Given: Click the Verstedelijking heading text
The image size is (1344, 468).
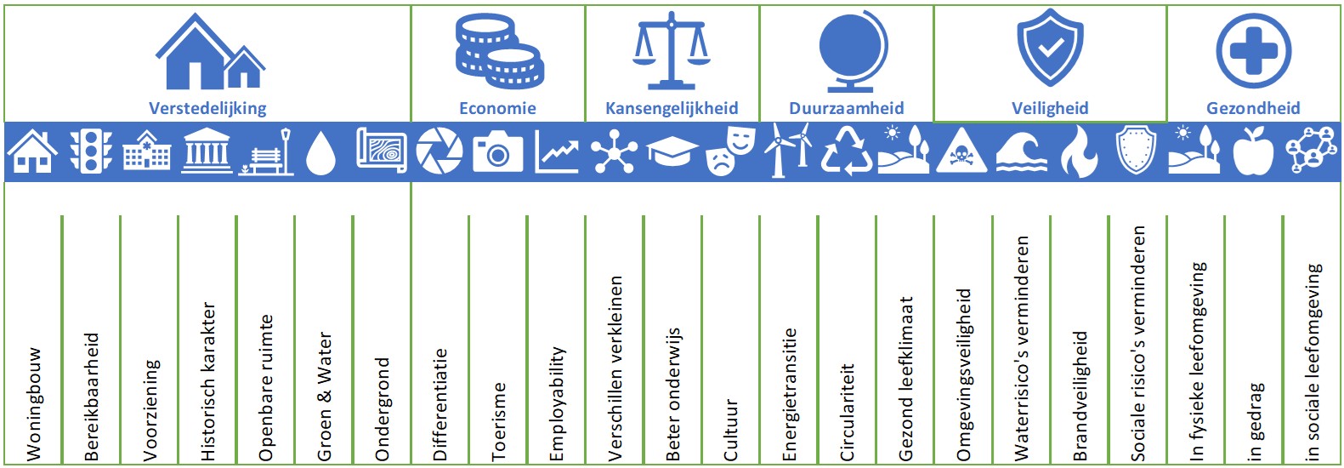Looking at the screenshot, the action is pyautogui.click(x=207, y=109).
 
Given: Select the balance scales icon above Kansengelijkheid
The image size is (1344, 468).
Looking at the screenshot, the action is pyautogui.click(x=672, y=50).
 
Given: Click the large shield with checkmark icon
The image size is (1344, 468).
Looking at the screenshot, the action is pyautogui.click(x=1050, y=48).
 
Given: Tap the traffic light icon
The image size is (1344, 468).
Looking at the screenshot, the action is pyautogui.click(x=91, y=152).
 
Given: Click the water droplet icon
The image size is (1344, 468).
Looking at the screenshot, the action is pyautogui.click(x=321, y=153).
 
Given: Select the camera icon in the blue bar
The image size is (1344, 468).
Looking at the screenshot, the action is pyautogui.click(x=497, y=152).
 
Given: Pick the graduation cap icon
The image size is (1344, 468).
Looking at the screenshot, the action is pyautogui.click(x=672, y=152).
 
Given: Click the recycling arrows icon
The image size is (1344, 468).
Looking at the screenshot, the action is pyautogui.click(x=846, y=153).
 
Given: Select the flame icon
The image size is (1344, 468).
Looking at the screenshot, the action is pyautogui.click(x=1079, y=152).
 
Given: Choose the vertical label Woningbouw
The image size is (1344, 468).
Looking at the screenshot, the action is pyautogui.click(x=33, y=403).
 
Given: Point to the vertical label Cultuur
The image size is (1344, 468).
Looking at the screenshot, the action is pyautogui.click(x=729, y=431).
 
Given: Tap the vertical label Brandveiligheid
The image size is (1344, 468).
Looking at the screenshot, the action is pyautogui.click(x=1080, y=396).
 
